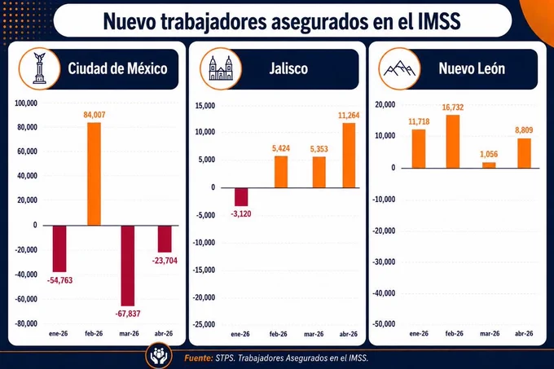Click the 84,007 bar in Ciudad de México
[94, 174]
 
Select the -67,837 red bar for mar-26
[128, 266]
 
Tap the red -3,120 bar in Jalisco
[241, 196]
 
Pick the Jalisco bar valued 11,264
[349, 156]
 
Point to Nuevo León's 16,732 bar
[453, 141]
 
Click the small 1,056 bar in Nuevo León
[489, 165]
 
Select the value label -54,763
[59, 280]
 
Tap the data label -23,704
[165, 261]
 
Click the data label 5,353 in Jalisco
[319, 149]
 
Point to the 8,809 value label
[524, 130]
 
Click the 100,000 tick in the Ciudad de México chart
[26, 103]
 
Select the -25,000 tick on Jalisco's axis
[204, 324]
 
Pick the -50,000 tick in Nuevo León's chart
[384, 324]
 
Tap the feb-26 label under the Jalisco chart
[279, 334]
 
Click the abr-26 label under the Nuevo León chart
[525, 333]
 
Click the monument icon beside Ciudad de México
[40, 68]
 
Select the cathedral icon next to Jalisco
[221, 68]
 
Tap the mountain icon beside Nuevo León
[399, 68]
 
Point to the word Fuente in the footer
[198, 358]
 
